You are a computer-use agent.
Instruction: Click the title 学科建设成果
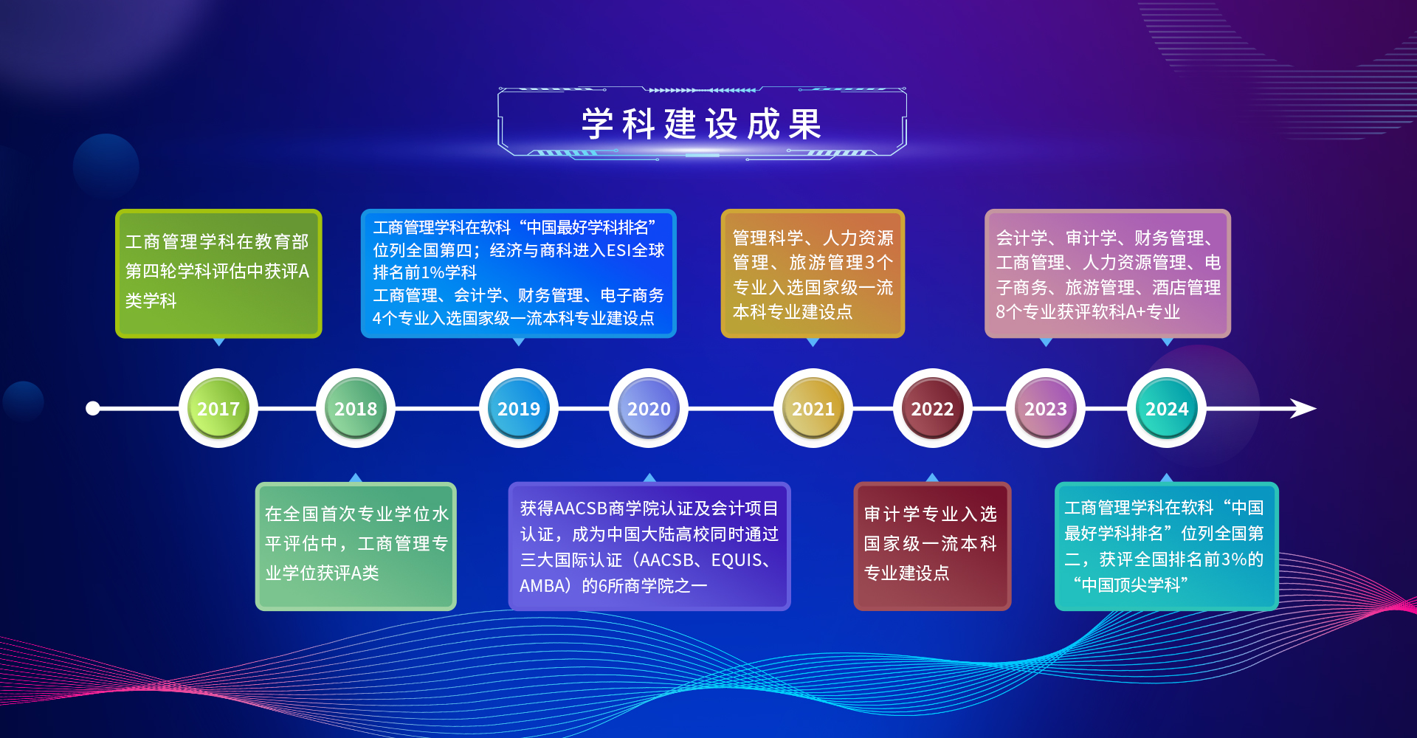(x=702, y=124)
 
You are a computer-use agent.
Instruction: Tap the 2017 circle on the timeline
(x=218, y=408)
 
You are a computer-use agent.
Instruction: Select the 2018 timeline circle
(x=356, y=408)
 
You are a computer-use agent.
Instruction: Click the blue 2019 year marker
(x=519, y=408)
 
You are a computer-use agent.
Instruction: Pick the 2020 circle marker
(x=649, y=408)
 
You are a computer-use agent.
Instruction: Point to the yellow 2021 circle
(x=813, y=408)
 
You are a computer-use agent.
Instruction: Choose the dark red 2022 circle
(x=932, y=408)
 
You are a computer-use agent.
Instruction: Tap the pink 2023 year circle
(x=1046, y=408)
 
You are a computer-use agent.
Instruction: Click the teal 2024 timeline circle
(x=1167, y=408)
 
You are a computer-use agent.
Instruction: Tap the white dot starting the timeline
(x=93, y=408)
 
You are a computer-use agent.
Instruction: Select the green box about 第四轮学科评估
(x=218, y=273)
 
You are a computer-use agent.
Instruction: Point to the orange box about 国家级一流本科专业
(x=813, y=273)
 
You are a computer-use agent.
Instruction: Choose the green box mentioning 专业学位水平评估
(x=356, y=546)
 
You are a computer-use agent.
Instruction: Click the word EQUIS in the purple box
(x=736, y=560)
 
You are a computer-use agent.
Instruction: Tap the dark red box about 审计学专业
(x=932, y=546)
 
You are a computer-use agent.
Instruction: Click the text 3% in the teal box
(x=1233, y=559)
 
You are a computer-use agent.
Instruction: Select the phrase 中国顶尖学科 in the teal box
(x=1131, y=585)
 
